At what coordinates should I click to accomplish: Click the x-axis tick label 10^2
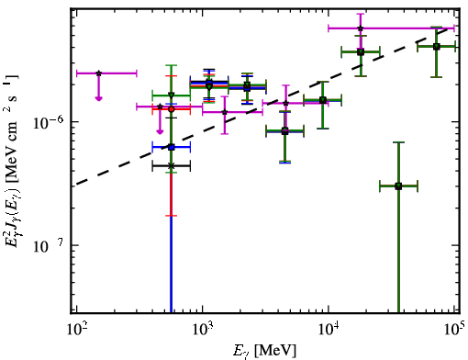pos(77,330)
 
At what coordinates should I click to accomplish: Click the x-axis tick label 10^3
pos(203,330)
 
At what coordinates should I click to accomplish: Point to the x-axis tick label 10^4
pos(329,330)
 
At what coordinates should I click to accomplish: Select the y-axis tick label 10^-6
pos(49,123)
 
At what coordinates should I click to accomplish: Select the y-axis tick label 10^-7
pos(49,247)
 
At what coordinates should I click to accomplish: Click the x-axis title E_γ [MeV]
pos(264,351)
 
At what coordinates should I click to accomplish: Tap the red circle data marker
pos(172,109)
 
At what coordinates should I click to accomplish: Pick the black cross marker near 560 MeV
pos(172,166)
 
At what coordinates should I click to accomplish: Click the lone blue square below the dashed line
pos(172,147)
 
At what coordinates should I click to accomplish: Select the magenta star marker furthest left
pos(98,73)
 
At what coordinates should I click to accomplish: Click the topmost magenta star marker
pos(361,28)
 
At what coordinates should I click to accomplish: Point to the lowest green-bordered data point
pos(398,186)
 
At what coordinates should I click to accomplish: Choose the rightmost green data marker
pos(437,47)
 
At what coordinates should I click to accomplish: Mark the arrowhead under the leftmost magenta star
pos(98,98)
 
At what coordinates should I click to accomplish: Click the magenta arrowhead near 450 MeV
pos(160,131)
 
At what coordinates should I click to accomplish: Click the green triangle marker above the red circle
pos(172,95)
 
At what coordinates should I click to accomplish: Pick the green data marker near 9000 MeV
pos(322,100)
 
